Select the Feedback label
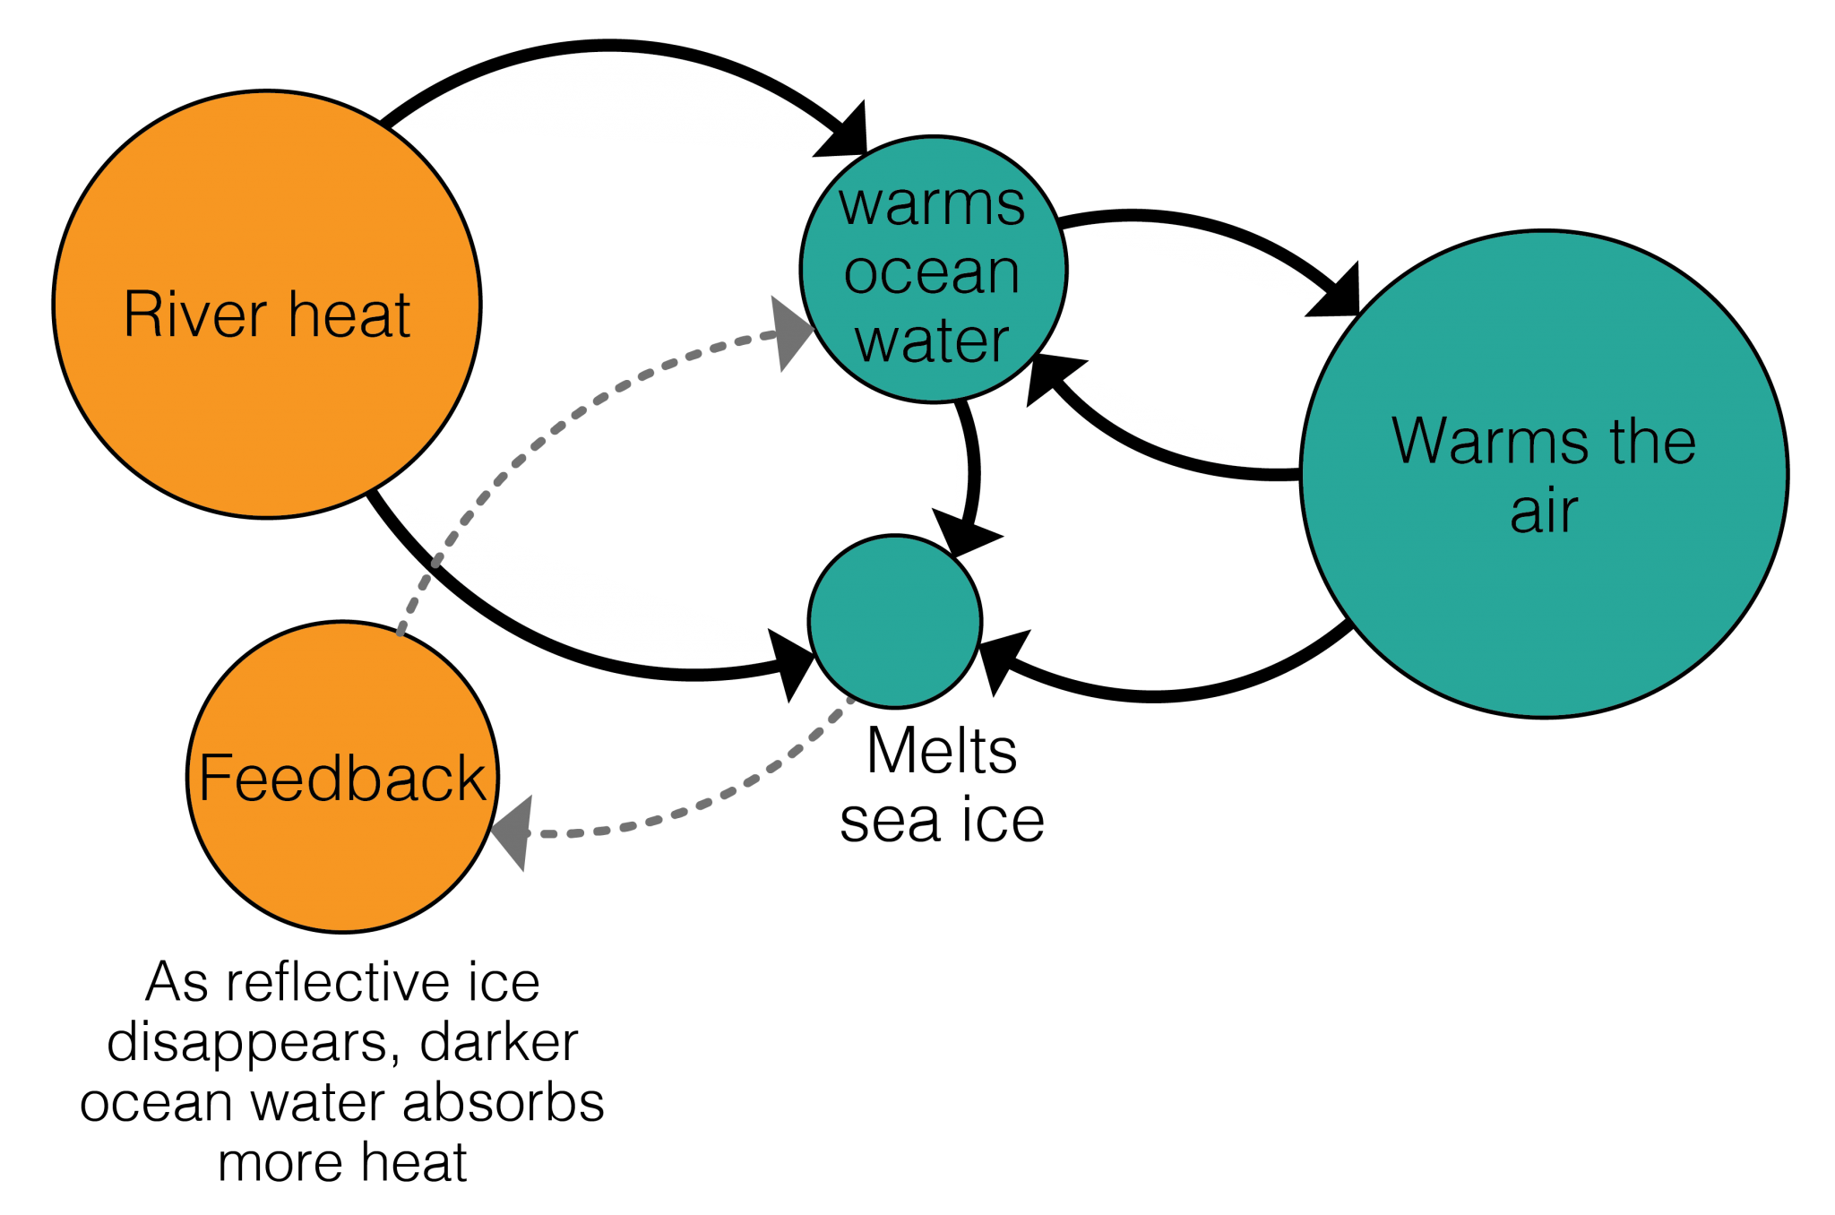coord(341,778)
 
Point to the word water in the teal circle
coord(932,340)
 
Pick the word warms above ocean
coord(932,204)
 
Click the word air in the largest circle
coord(1543,512)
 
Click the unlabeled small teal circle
coord(894,621)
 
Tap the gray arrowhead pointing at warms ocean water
coord(790,332)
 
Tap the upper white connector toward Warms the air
coord(1201,255)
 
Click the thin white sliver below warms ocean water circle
coord(961,470)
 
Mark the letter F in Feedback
coord(214,778)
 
